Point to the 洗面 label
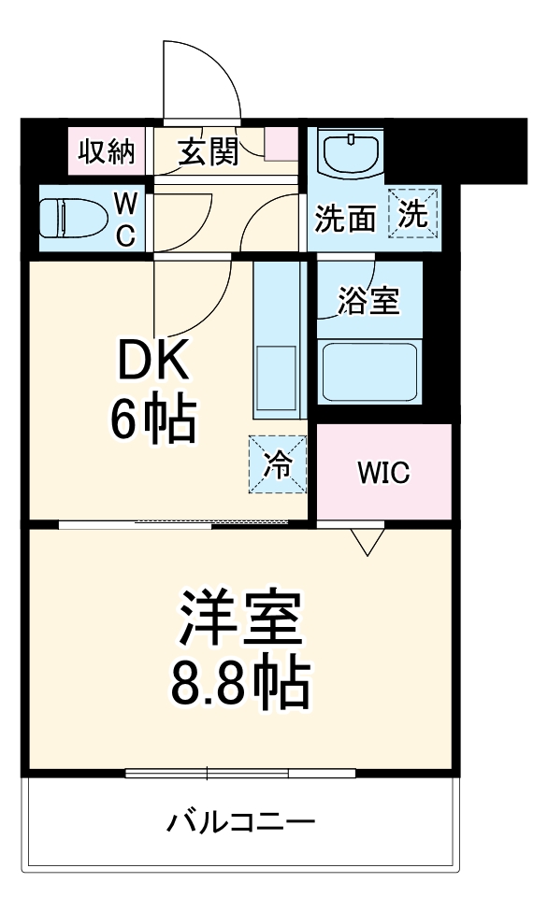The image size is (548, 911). click(x=345, y=218)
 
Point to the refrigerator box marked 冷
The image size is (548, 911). click(x=278, y=464)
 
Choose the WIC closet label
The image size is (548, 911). click(x=383, y=473)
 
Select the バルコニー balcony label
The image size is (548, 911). click(x=241, y=823)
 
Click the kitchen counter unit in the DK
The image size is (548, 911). click(x=278, y=342)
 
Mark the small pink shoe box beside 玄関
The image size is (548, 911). click(x=281, y=146)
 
